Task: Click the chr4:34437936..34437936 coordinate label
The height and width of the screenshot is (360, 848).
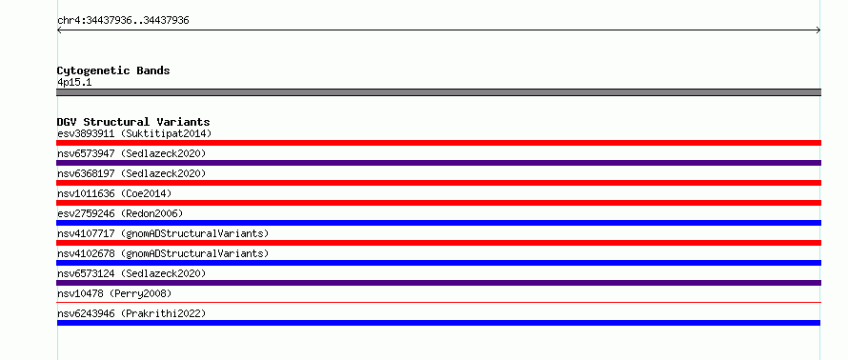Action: coord(123,21)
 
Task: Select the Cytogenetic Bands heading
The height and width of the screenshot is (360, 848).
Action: coord(113,70)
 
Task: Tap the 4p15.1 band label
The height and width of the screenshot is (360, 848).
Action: coord(74,83)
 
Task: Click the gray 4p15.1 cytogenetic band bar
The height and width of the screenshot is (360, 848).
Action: coord(438,92)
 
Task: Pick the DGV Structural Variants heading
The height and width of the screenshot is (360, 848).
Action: coord(133,122)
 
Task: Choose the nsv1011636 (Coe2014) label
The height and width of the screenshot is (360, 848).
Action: coord(114,193)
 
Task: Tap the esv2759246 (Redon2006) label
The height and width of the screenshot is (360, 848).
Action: coord(120,213)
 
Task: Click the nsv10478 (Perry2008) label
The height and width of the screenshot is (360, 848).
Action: coord(114,293)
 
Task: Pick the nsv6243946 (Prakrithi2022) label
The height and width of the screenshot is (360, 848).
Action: coord(131,313)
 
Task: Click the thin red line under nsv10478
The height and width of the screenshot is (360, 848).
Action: coord(438,303)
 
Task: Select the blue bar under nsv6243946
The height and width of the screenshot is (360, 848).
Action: coord(438,323)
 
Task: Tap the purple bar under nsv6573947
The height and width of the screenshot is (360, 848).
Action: coord(438,163)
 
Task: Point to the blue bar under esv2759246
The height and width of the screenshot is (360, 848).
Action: coord(438,223)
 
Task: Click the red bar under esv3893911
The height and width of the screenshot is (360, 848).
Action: coord(438,143)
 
